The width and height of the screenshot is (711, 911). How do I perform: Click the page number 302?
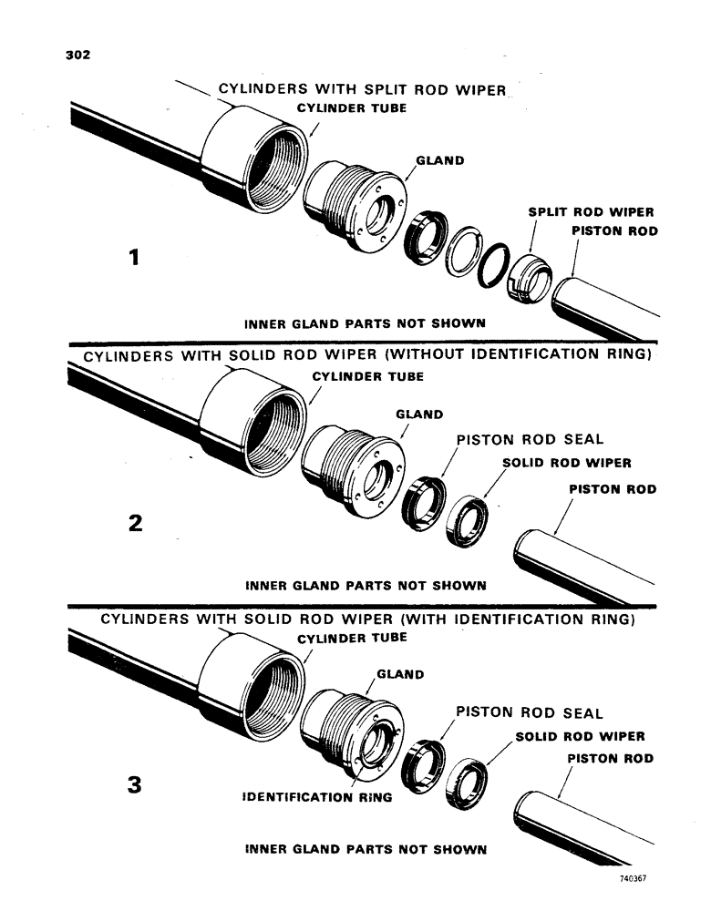(x=77, y=55)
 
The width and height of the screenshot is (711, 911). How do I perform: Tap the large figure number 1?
(x=134, y=259)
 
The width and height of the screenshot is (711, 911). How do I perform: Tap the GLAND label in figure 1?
(x=439, y=161)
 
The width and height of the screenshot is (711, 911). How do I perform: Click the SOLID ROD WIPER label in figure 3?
(x=581, y=736)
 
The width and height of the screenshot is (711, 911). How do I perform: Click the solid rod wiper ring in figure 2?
(x=469, y=519)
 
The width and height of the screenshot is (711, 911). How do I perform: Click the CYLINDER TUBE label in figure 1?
(x=352, y=108)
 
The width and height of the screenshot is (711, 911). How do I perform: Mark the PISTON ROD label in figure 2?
(x=613, y=489)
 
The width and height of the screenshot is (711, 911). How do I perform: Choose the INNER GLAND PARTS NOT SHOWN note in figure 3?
(x=366, y=850)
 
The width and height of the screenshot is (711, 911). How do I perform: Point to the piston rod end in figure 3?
(x=538, y=814)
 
